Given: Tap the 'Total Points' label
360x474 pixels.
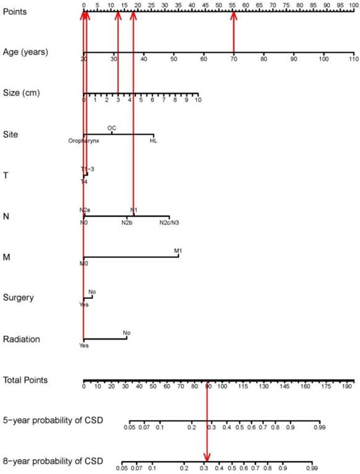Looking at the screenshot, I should [x=25, y=380].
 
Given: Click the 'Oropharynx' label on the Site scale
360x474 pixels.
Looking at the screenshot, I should [x=84, y=141].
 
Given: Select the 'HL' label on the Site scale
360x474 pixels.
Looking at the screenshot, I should [x=153, y=141].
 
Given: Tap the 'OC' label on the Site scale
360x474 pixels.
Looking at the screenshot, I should [x=111, y=128].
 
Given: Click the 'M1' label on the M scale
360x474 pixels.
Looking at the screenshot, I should [x=178, y=251].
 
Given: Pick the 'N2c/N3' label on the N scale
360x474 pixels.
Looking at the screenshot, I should [x=169, y=223].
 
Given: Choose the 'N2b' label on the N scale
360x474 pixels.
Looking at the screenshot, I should [x=127, y=223].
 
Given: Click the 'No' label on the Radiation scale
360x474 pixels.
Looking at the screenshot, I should [x=126, y=333].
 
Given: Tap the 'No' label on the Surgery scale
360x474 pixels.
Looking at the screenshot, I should [x=92, y=291].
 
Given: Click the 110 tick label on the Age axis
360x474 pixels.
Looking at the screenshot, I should [x=353, y=59].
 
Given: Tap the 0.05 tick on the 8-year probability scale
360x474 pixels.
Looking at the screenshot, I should [x=122, y=468].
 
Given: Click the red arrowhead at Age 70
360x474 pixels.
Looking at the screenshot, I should [x=233, y=16].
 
